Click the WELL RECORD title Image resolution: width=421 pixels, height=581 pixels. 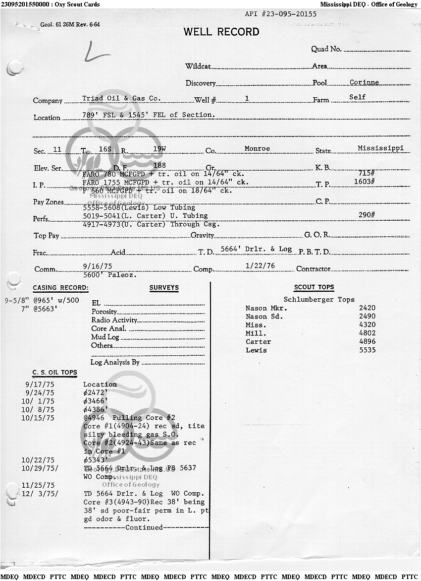pyautogui.click(x=221, y=32)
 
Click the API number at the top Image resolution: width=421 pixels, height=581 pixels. pyautogui.click(x=281, y=14)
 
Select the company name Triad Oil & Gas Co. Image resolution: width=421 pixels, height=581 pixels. pyautogui.click(x=121, y=98)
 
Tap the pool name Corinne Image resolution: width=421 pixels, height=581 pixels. pyautogui.click(x=364, y=82)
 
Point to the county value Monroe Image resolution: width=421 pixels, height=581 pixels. pyautogui.click(x=257, y=148)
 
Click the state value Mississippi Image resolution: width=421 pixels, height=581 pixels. pyautogui.click(x=380, y=148)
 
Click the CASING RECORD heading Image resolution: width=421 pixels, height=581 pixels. pyautogui.click(x=60, y=288)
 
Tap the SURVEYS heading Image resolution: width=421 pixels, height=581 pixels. pyautogui.click(x=164, y=288)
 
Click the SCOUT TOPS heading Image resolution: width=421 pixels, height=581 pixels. pyautogui.click(x=314, y=287)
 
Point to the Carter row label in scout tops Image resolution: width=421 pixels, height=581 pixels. pyautogui.click(x=258, y=342)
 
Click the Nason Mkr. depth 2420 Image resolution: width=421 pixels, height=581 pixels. pyautogui.click(x=367, y=308)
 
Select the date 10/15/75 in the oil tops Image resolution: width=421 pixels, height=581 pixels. pyautogui.click(x=38, y=418)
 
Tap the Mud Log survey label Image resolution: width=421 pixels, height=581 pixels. pyautogui.click(x=105, y=337)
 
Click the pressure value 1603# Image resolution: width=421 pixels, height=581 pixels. pyautogui.click(x=364, y=182)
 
